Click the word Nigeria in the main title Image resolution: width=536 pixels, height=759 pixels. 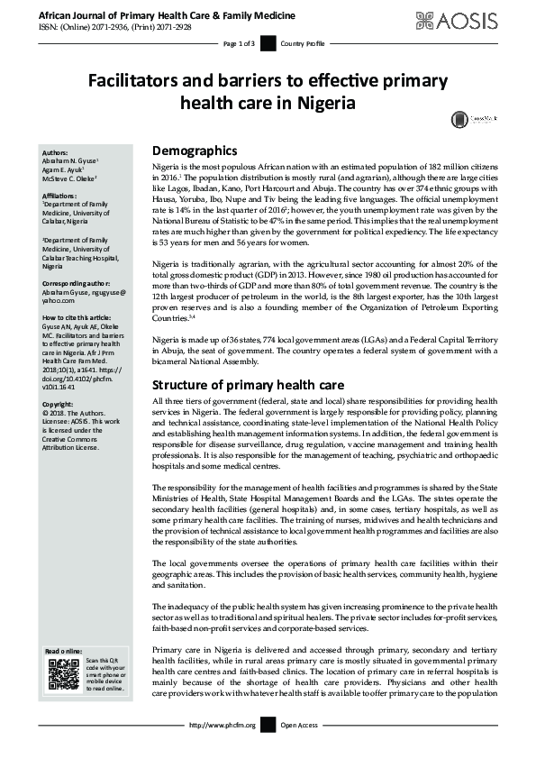(318, 103)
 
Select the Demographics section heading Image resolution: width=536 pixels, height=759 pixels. (195, 151)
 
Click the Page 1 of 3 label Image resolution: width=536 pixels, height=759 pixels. (239, 43)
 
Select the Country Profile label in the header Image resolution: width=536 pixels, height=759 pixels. (303, 43)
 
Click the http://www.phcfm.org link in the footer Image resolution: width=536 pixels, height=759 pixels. (223, 725)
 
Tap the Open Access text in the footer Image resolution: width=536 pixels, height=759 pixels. (300, 725)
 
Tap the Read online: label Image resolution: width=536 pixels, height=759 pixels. (63, 651)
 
